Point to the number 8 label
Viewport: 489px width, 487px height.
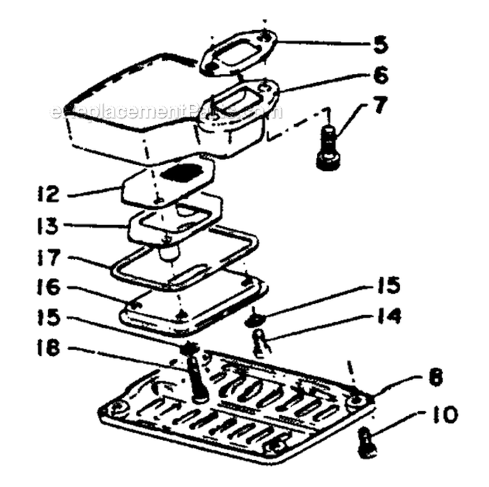pyautogui.click(x=436, y=378)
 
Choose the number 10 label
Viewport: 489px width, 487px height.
pyautogui.click(x=443, y=415)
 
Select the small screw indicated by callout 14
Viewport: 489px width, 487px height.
pyautogui.click(x=260, y=343)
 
